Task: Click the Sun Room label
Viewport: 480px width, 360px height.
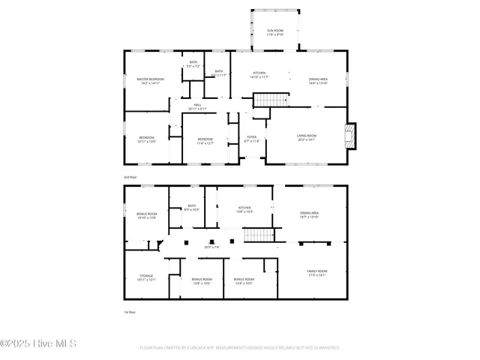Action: pyautogui.click(x=275, y=32)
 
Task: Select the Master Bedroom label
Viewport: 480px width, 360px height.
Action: pyautogui.click(x=150, y=81)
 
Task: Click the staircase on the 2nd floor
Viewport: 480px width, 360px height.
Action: pyautogui.click(x=271, y=100)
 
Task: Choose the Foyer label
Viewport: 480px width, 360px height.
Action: pyautogui.click(x=251, y=139)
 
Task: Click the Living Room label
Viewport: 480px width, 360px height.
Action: pyautogui.click(x=306, y=137)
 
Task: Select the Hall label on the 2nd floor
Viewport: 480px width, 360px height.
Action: pyautogui.click(x=197, y=106)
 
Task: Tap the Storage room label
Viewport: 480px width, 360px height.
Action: pyautogui.click(x=146, y=277)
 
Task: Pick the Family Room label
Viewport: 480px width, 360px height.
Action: pyautogui.click(x=316, y=273)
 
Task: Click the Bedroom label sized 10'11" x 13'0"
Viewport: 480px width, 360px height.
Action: pyautogui.click(x=146, y=139)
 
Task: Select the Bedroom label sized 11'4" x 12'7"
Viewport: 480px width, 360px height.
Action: pyautogui.click(x=205, y=140)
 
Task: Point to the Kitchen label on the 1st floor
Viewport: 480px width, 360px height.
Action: pyautogui.click(x=244, y=209)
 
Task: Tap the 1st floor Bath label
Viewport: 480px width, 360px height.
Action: pyautogui.click(x=191, y=208)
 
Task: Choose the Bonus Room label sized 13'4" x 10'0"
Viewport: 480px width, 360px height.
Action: pyautogui.click(x=244, y=280)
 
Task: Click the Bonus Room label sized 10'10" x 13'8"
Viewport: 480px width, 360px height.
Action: pyautogui.click(x=146, y=215)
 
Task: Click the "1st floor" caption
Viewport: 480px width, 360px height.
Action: pyautogui.click(x=130, y=311)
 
